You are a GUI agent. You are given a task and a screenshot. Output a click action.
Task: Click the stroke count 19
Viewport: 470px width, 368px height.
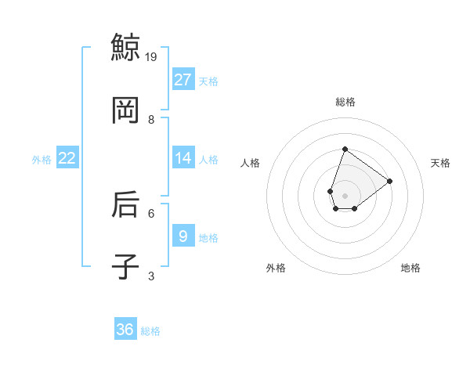(x=152, y=56)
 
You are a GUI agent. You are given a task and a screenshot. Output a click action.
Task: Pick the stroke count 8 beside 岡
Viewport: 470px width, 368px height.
(x=151, y=119)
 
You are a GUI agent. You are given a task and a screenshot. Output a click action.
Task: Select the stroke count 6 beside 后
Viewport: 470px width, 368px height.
(x=151, y=212)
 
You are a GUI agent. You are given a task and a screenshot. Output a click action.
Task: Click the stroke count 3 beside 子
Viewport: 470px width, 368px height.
(x=151, y=276)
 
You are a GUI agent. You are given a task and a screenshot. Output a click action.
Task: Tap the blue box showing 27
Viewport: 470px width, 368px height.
(x=183, y=80)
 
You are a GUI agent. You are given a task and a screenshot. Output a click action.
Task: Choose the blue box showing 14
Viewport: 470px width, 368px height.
(x=183, y=158)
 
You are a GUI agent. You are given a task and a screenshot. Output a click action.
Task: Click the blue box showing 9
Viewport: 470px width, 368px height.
(x=183, y=236)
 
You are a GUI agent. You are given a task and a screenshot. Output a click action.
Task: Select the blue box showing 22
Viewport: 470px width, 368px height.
(x=67, y=158)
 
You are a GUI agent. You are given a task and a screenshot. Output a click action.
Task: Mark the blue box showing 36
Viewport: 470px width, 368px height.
(x=125, y=330)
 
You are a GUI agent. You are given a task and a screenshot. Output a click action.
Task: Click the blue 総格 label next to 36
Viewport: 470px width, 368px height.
(x=150, y=331)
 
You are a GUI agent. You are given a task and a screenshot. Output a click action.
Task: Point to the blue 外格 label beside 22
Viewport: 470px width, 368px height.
(x=42, y=160)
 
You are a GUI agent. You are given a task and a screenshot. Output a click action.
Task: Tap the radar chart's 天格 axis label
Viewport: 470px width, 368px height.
(x=441, y=163)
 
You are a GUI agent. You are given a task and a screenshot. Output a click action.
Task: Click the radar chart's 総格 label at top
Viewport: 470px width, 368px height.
(x=345, y=102)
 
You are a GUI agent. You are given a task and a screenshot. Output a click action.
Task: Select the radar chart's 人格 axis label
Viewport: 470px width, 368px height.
(x=250, y=163)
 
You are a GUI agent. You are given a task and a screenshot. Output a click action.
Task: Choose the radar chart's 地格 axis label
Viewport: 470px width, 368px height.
(x=410, y=268)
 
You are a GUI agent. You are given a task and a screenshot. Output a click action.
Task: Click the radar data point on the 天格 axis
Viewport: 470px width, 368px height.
(x=389, y=181)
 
